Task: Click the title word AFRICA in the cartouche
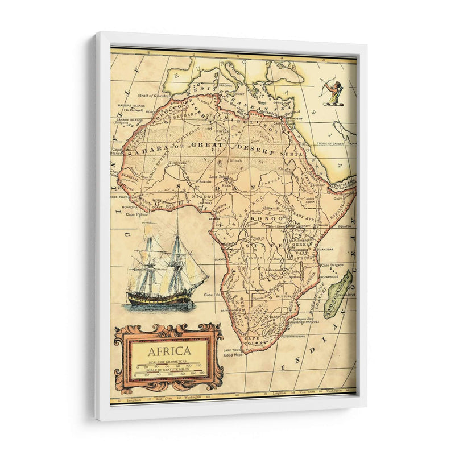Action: [169, 351]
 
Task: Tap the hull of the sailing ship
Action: [159, 298]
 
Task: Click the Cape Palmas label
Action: [137, 215]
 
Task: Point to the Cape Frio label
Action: [213, 295]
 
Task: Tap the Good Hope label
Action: [233, 354]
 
